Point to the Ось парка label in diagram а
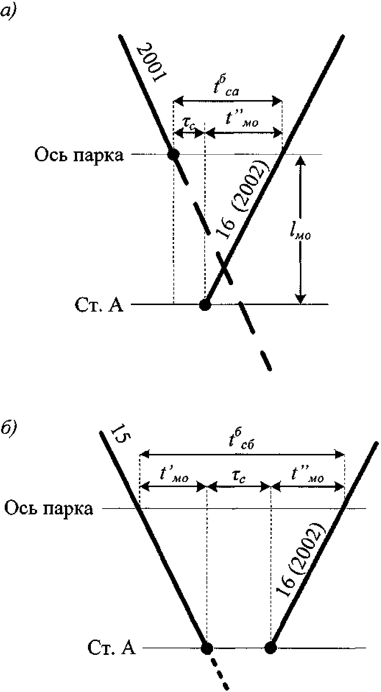[79, 155]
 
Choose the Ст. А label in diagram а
[99, 305]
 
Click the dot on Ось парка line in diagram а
[173, 154]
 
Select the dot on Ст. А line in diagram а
[205, 304]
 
